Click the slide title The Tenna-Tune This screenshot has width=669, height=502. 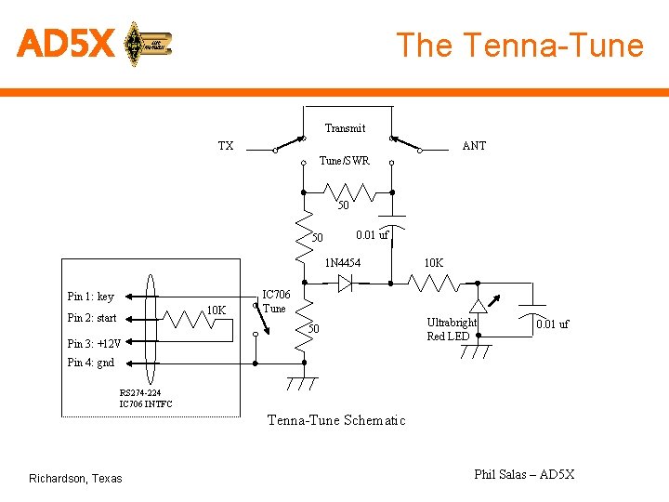519,45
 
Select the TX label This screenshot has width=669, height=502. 226,146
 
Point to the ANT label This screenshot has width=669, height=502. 474,146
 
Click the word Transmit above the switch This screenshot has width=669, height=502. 345,128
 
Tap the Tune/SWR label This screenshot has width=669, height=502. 344,161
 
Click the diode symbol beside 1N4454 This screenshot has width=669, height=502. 345,284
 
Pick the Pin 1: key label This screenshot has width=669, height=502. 91,297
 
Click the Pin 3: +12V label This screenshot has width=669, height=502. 94,343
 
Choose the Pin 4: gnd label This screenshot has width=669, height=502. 91,363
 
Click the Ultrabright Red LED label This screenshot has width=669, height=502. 452,329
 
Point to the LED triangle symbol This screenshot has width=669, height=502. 478,305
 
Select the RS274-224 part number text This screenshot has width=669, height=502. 139,392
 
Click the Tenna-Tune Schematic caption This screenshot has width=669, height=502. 336,420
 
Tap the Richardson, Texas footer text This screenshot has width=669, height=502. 75,479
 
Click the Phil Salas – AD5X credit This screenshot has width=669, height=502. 524,474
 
